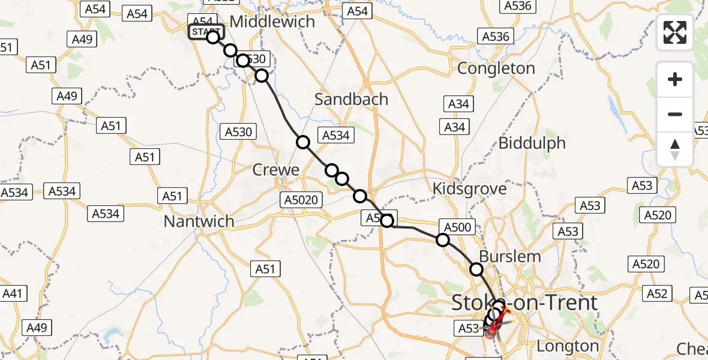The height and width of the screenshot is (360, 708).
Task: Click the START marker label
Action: click(206, 32)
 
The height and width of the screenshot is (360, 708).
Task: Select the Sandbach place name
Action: click(351, 99)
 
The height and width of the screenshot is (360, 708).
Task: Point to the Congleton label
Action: click(496, 68)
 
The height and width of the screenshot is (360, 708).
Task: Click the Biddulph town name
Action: click(532, 143)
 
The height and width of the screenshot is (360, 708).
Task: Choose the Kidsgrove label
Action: click(470, 188)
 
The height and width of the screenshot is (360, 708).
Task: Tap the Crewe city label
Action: click(275, 170)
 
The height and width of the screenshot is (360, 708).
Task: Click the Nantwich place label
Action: click(199, 221)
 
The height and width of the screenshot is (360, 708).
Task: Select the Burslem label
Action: click(510, 256)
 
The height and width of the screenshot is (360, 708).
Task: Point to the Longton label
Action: click(568, 346)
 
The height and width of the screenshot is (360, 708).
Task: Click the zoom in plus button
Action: click(675, 79)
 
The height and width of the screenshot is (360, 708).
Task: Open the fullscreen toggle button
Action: click(675, 32)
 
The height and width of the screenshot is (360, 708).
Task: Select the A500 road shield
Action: click(458, 226)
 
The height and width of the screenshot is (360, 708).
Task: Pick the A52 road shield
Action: click(658, 293)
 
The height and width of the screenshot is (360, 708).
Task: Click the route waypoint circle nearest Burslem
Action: click(476, 269)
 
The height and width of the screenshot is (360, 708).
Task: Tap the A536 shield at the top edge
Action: click(517, 5)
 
